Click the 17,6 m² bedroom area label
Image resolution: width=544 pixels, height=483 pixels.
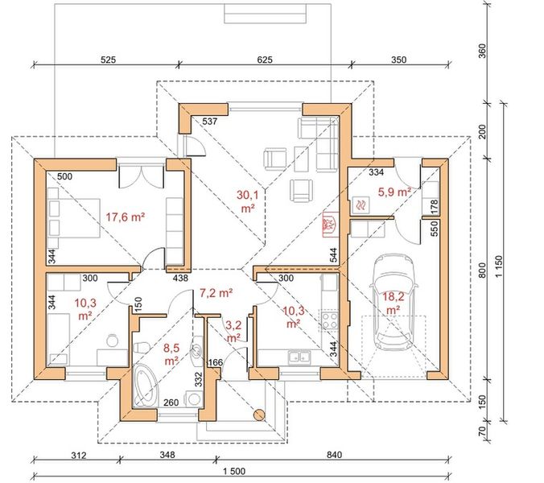[x=125, y=217]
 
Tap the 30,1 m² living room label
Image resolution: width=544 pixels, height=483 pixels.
[x=248, y=201]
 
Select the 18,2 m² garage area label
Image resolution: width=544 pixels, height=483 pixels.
[x=394, y=302]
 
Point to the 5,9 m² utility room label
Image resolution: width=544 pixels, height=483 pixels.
[x=394, y=192]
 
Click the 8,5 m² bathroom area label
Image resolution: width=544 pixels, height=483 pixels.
[x=171, y=354]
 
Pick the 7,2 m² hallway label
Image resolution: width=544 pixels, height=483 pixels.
[x=216, y=293]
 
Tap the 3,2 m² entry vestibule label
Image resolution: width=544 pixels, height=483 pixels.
[x=234, y=331]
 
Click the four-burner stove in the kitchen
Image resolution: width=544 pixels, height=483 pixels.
[x=329, y=320]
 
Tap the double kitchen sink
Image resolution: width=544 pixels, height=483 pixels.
[x=299, y=357]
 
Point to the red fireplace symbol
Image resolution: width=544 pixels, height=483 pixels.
[x=328, y=225]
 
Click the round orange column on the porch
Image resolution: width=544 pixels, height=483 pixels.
[x=259, y=415]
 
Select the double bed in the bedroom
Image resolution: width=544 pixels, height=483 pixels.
[x=74, y=218]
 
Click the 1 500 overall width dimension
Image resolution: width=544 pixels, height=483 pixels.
[x=233, y=471]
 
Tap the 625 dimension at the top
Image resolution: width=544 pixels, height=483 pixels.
[x=265, y=60]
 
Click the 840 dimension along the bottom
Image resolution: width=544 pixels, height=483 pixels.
[x=334, y=455]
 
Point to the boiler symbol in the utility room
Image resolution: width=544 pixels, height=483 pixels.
[x=361, y=205]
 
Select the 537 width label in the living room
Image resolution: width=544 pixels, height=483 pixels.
[x=209, y=121]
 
